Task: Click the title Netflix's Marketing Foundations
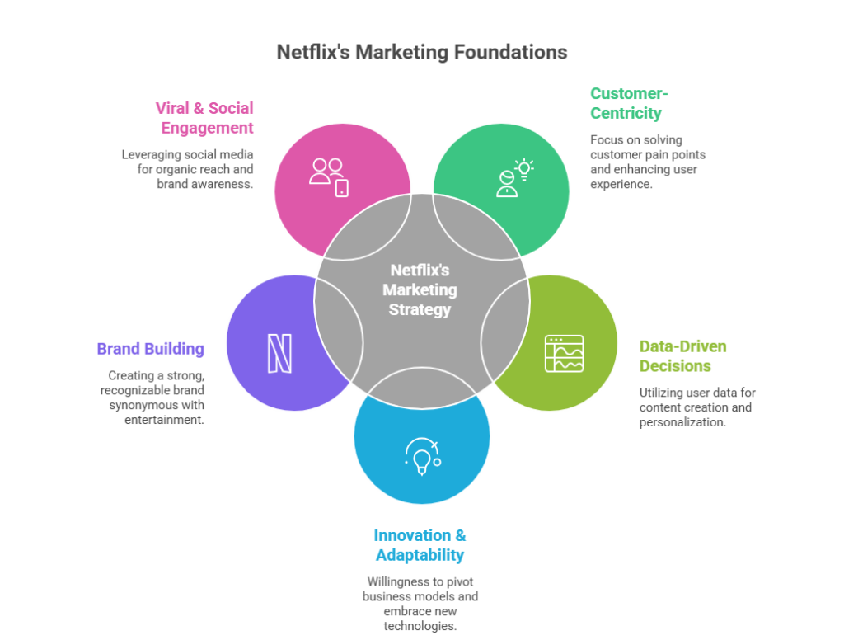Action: coord(421,52)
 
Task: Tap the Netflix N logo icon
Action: coord(279,352)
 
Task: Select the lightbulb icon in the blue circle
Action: coord(421,456)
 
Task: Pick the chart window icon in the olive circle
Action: coord(564,354)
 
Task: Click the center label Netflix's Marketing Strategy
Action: coord(421,290)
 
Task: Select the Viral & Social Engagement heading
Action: coord(205,118)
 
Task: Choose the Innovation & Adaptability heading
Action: coord(420,545)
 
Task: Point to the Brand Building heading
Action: coord(151,348)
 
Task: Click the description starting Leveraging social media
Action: coord(188,169)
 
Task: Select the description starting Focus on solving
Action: coord(648,162)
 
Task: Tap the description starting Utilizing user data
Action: coord(697,407)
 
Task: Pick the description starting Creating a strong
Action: coord(157,398)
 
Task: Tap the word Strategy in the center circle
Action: coord(421,311)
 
